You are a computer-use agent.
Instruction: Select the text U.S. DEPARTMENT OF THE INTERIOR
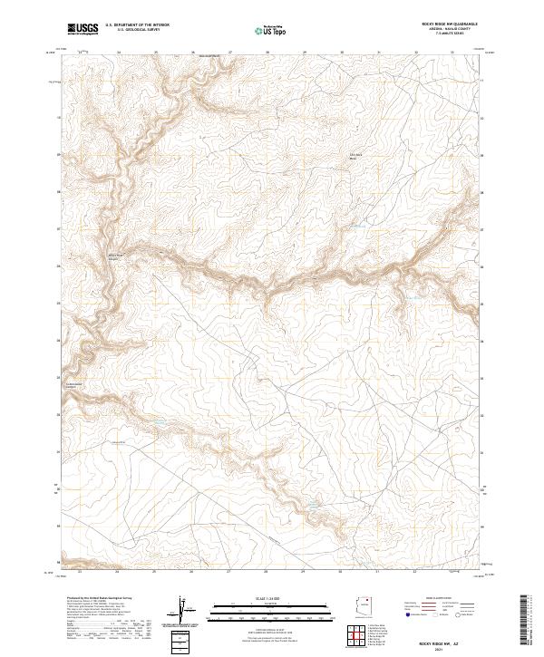(137, 25)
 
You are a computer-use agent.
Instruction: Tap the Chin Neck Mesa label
(355, 156)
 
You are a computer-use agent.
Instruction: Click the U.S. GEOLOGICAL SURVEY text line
(137, 30)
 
